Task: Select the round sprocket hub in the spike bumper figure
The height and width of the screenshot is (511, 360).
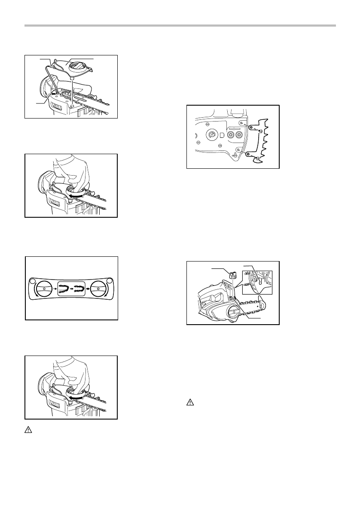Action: point(212,134)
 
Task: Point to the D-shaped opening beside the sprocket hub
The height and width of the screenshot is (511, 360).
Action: point(222,134)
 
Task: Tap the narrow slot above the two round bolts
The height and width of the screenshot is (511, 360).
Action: point(235,128)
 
